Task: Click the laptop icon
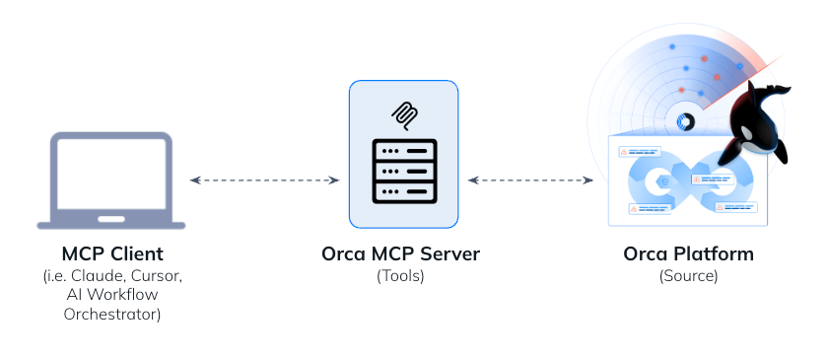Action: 110,180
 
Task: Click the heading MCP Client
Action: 110,254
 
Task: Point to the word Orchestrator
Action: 110,315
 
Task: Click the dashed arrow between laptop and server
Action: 264,180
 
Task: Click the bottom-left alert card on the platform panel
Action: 650,208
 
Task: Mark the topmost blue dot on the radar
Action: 673,45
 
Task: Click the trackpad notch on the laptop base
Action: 110,218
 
